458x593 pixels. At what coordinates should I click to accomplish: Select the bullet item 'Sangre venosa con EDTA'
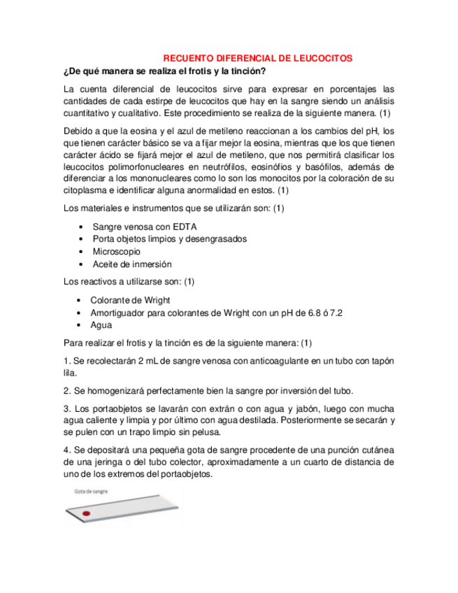(x=145, y=227)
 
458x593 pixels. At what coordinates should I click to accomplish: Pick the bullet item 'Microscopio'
(x=117, y=252)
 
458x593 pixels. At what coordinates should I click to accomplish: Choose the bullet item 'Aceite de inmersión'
(x=132, y=264)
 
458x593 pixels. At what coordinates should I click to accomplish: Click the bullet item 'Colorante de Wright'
(x=131, y=300)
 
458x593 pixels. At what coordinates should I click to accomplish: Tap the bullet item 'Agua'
(x=101, y=325)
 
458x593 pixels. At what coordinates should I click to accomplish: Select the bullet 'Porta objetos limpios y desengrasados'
(x=170, y=239)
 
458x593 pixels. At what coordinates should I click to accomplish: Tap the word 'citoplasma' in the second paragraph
(x=87, y=191)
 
